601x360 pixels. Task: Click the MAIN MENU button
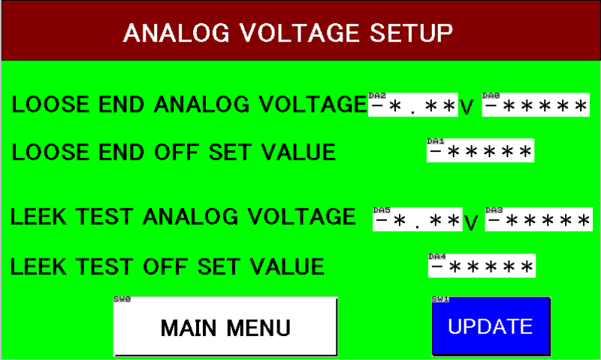(x=225, y=327)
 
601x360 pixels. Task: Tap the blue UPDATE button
(x=490, y=327)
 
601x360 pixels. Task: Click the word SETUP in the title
(x=412, y=33)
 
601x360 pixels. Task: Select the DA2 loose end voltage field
(x=412, y=106)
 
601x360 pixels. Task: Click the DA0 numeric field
(x=536, y=106)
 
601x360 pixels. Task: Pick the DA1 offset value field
(x=480, y=152)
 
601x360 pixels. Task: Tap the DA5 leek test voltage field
(x=417, y=220)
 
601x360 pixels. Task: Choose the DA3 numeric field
(x=539, y=220)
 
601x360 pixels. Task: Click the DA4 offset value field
(x=482, y=266)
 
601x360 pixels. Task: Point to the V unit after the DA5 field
(x=471, y=223)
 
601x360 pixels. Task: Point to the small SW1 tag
(x=440, y=298)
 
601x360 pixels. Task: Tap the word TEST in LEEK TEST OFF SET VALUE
(x=95, y=267)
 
